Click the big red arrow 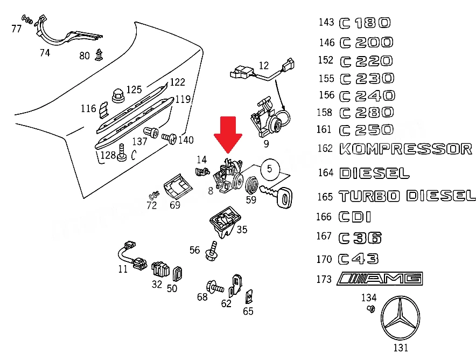[228, 134]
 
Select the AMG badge [380, 279]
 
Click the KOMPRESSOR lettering [406, 149]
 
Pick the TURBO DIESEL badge [407, 196]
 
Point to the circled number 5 [270, 169]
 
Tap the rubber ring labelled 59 [251, 185]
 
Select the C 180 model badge [365, 23]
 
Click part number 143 [326, 22]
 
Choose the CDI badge [354, 217]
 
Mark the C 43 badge [358, 259]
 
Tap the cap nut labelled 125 [117, 96]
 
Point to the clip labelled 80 [99, 54]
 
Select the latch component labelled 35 [225, 222]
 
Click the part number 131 [401, 348]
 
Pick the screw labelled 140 [169, 138]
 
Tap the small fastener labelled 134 [370, 309]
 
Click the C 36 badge [360, 238]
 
